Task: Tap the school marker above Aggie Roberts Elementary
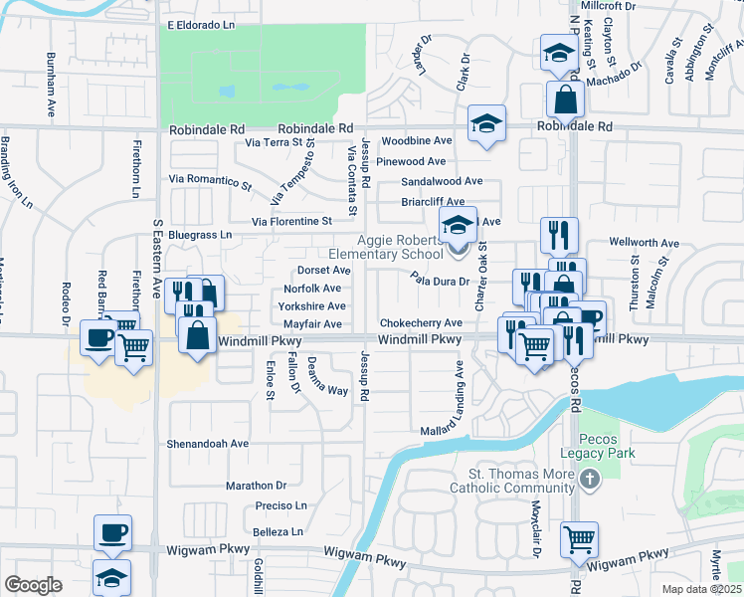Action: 459,226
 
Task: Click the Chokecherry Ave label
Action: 421,323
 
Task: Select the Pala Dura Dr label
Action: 439,281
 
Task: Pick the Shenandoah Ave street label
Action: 208,443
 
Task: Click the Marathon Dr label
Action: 256,486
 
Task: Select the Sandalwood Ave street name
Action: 442,182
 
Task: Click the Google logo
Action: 33,585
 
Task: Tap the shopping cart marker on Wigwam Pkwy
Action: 579,538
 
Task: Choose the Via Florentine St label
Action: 291,221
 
